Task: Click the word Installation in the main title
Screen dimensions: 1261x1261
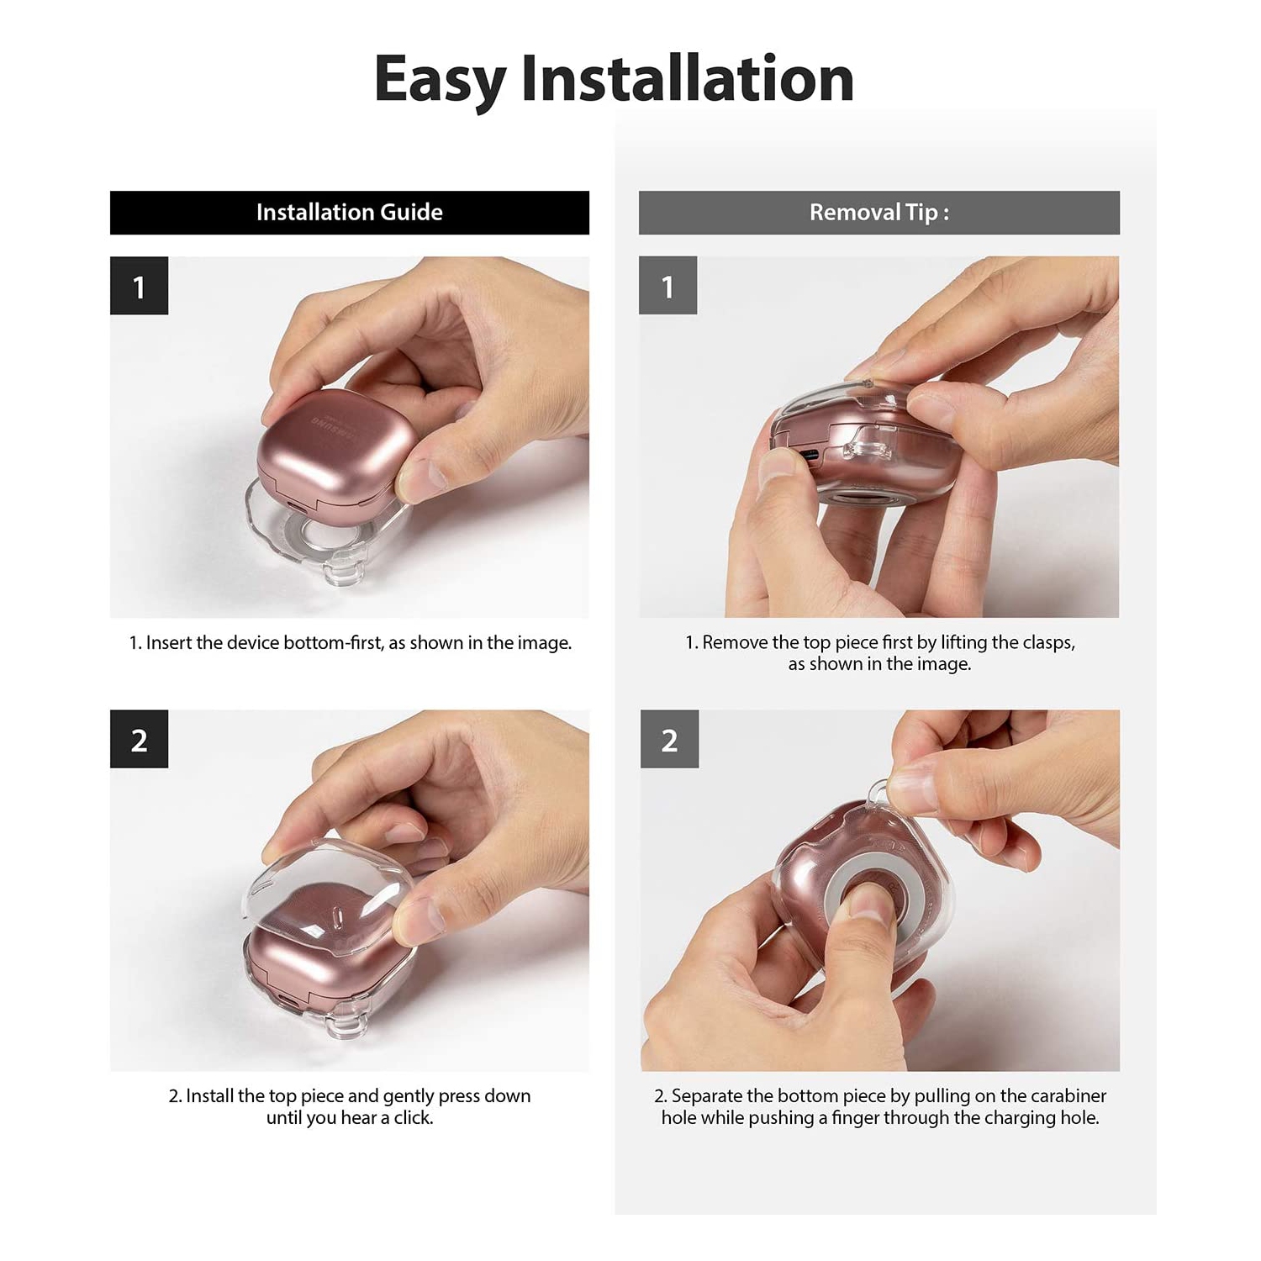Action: click(x=688, y=77)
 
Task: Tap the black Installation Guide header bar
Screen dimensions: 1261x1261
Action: click(x=350, y=213)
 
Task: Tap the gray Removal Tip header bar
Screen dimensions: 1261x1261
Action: click(x=879, y=213)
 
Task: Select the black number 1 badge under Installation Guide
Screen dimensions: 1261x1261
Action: click(x=139, y=286)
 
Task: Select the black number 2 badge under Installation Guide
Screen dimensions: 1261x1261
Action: click(x=139, y=739)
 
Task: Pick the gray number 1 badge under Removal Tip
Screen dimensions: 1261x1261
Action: click(x=667, y=286)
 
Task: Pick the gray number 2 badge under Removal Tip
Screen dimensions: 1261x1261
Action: click(x=669, y=739)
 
